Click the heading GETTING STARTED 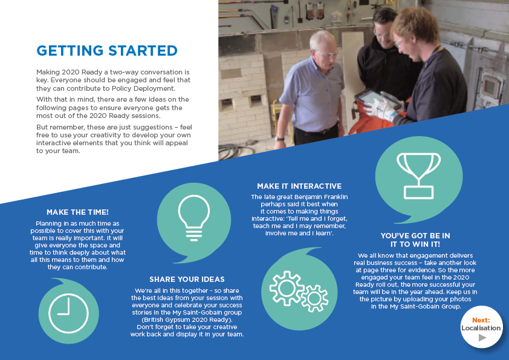107,51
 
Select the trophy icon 418,176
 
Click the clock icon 68,313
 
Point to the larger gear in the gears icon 286,288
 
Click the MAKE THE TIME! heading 77,212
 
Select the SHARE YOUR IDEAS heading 187,280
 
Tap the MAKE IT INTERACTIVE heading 299,186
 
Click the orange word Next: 481,320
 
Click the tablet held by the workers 374,99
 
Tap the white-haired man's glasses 327,54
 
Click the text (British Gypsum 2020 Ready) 187,319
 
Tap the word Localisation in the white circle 481,328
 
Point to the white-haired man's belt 317,131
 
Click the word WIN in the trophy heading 420,244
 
